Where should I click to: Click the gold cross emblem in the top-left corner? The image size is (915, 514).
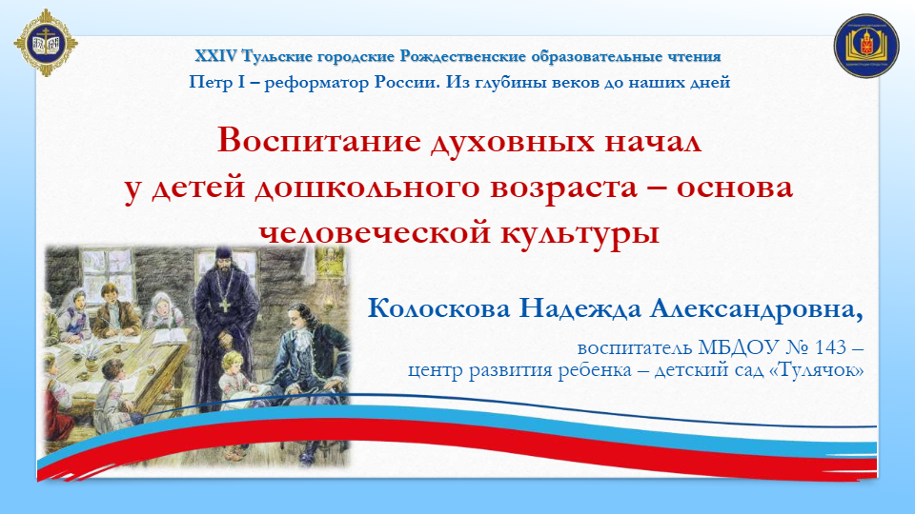[x=46, y=43]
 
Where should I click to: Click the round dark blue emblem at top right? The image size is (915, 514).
[x=866, y=46]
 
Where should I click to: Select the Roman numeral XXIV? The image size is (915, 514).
[x=216, y=56]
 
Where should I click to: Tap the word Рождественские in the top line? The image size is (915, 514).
[x=463, y=56]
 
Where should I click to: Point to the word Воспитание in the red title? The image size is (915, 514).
[x=319, y=141]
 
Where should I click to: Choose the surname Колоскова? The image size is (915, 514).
[x=438, y=308]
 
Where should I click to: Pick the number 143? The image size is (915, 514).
[x=830, y=347]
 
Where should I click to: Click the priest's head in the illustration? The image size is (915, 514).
[x=224, y=258]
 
